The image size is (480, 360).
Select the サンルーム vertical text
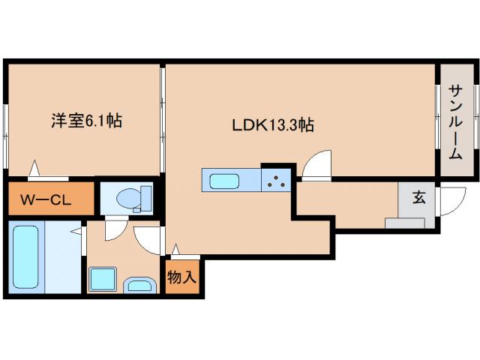coord(455,122)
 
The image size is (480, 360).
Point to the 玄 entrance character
coord(419,199)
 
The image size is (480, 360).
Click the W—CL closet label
coord(46,200)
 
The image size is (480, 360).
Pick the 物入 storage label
coord(181,277)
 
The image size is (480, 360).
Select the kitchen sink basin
coord(224,181)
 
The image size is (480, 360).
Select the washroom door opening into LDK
coord(148,238)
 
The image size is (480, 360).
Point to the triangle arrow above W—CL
coord(34,170)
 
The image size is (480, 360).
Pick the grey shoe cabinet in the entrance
coord(405,223)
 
